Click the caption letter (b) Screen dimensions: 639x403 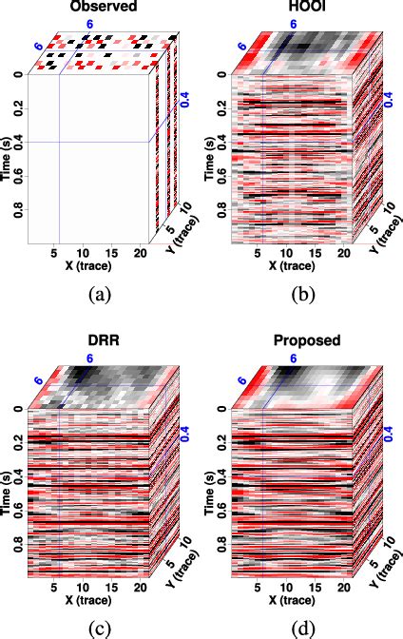(303, 295)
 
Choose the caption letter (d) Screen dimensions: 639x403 (303, 626)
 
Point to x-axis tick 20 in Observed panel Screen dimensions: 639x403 (142, 253)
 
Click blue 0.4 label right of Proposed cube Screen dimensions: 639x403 (389, 431)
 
